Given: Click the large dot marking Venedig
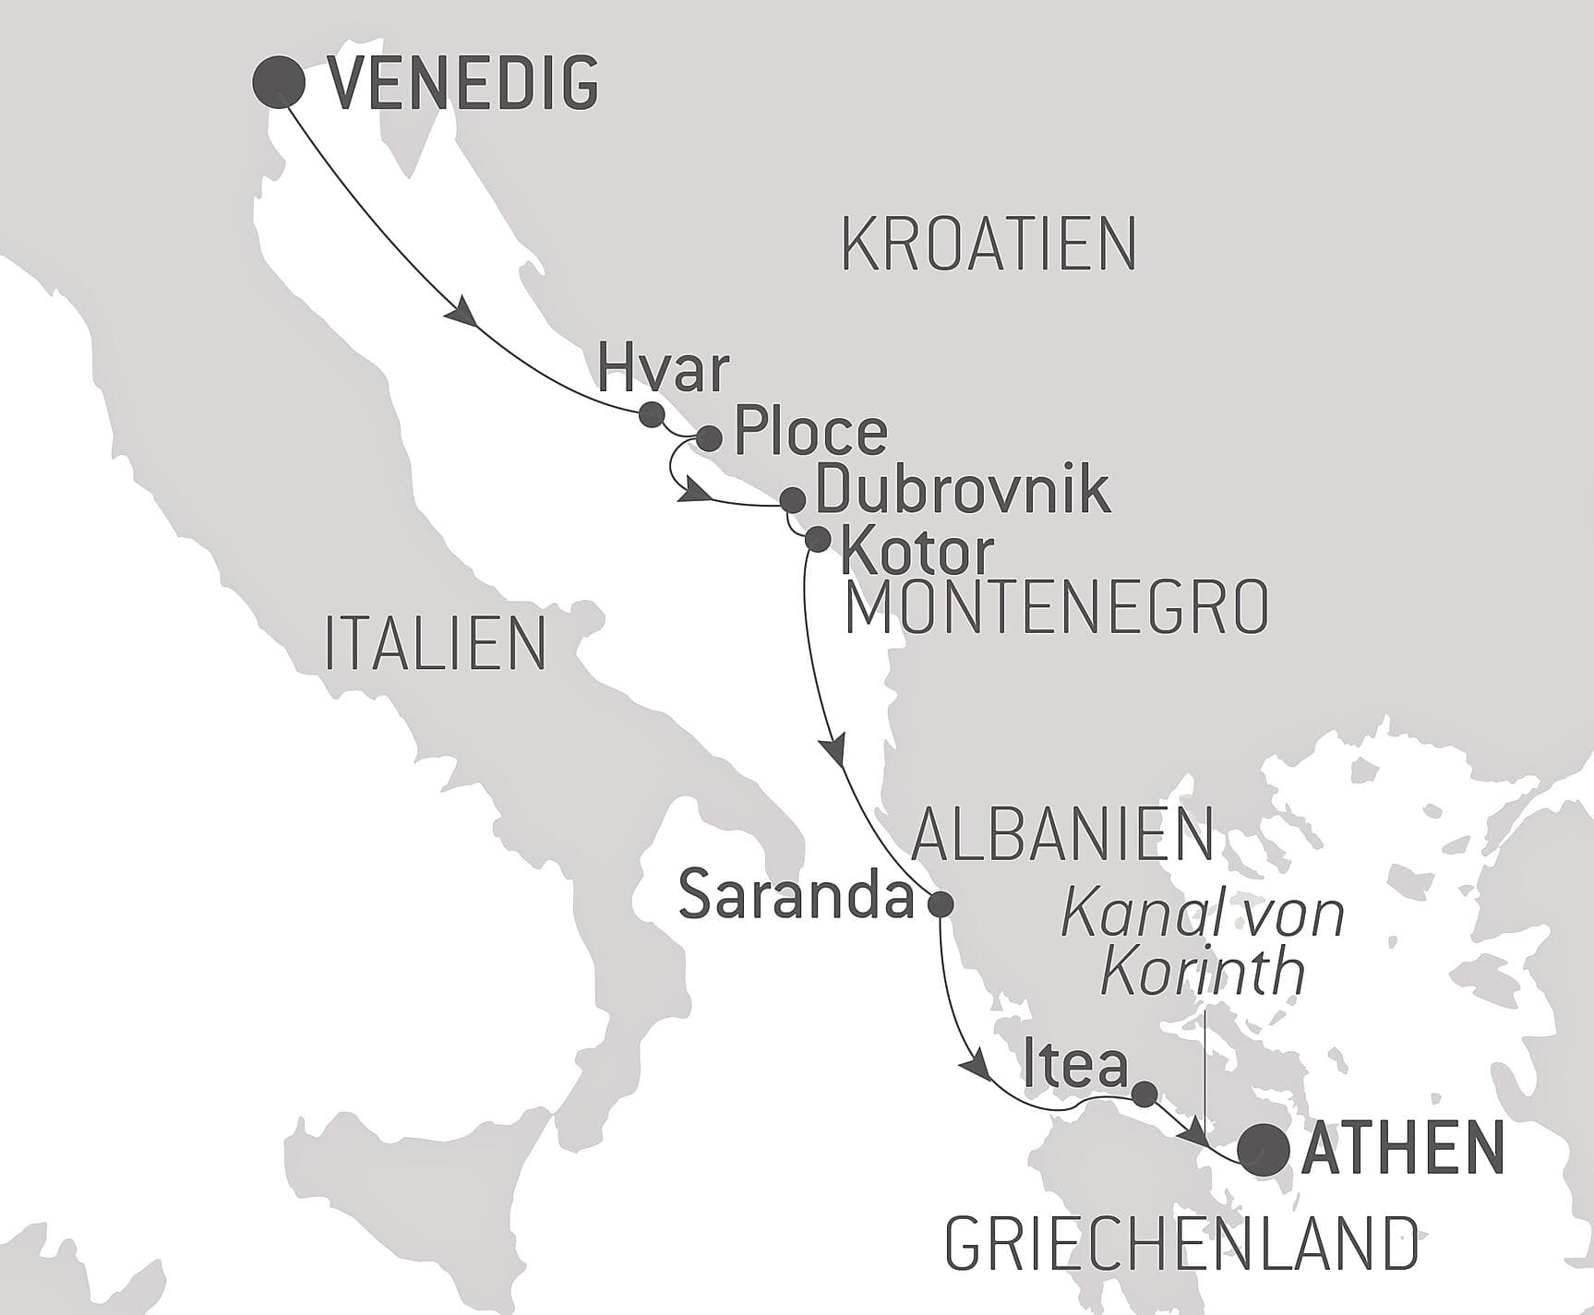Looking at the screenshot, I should click(x=279, y=82).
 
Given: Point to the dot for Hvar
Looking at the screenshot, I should click(x=652, y=412).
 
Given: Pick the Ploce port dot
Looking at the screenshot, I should click(x=708, y=437).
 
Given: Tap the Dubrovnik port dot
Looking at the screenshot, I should click(x=792, y=500).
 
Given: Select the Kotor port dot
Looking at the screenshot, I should click(x=818, y=539).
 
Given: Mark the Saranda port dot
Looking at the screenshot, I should click(x=940, y=903).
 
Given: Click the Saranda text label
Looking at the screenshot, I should click(x=797, y=897).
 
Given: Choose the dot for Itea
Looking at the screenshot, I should click(x=1144, y=1094).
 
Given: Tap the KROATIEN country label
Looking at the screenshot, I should click(x=988, y=245).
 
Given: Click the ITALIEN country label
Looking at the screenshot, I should click(x=436, y=643).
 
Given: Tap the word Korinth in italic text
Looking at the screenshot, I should click(x=1204, y=972).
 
